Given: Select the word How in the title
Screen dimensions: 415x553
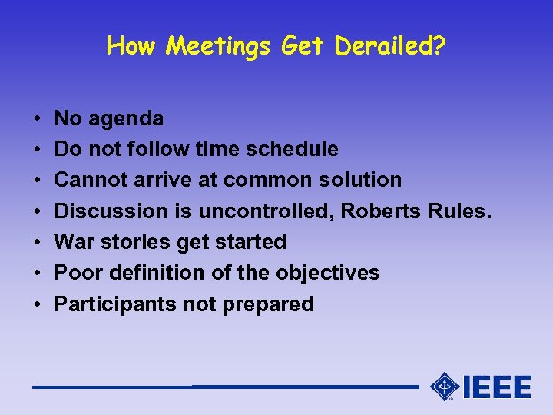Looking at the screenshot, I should (134, 47).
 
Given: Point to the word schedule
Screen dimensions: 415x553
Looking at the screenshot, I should (296, 149).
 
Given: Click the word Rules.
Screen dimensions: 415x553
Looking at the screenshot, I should (460, 211).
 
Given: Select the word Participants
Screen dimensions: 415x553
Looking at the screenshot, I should (115, 304).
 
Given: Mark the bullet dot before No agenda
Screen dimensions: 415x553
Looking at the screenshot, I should (37, 119).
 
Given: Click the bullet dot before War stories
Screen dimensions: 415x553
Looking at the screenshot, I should (37, 242).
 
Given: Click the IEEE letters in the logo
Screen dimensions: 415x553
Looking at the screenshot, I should (497, 387).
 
